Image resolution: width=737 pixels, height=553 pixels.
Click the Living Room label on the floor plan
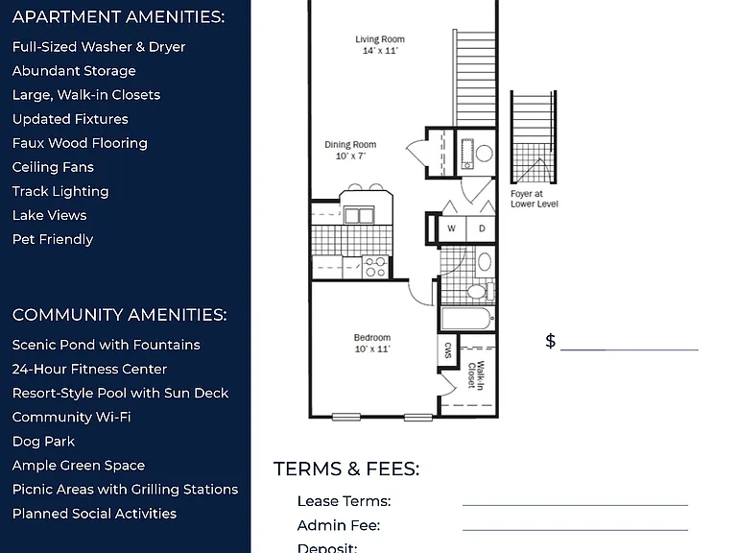click(x=380, y=45)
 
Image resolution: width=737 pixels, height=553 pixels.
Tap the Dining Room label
click(x=350, y=150)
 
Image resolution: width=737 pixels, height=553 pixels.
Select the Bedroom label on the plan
click(x=372, y=344)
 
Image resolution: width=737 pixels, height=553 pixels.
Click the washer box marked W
click(x=452, y=229)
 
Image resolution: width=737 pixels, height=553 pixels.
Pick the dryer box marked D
click(x=482, y=229)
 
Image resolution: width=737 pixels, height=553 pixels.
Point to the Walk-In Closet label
click(x=476, y=374)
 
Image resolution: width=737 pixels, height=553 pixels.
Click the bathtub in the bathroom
click(x=467, y=319)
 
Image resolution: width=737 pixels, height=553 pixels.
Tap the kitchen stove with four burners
click(x=375, y=267)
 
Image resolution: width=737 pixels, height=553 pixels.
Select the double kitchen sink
click(x=359, y=216)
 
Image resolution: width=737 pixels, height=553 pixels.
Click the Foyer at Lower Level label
click(x=535, y=199)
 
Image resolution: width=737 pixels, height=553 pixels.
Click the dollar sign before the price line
click(x=551, y=341)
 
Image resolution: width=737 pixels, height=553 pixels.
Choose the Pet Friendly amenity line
click(x=53, y=239)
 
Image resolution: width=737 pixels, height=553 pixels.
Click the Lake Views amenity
click(x=49, y=215)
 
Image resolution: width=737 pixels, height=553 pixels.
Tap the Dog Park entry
click(x=43, y=442)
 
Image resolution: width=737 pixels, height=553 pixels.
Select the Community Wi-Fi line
click(x=71, y=417)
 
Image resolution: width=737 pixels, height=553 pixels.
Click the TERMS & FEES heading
click(x=346, y=469)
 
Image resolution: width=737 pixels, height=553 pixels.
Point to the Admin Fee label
click(x=339, y=525)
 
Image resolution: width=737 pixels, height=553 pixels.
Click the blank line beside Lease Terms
click(x=576, y=506)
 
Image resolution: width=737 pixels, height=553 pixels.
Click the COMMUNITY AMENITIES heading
click(x=119, y=315)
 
